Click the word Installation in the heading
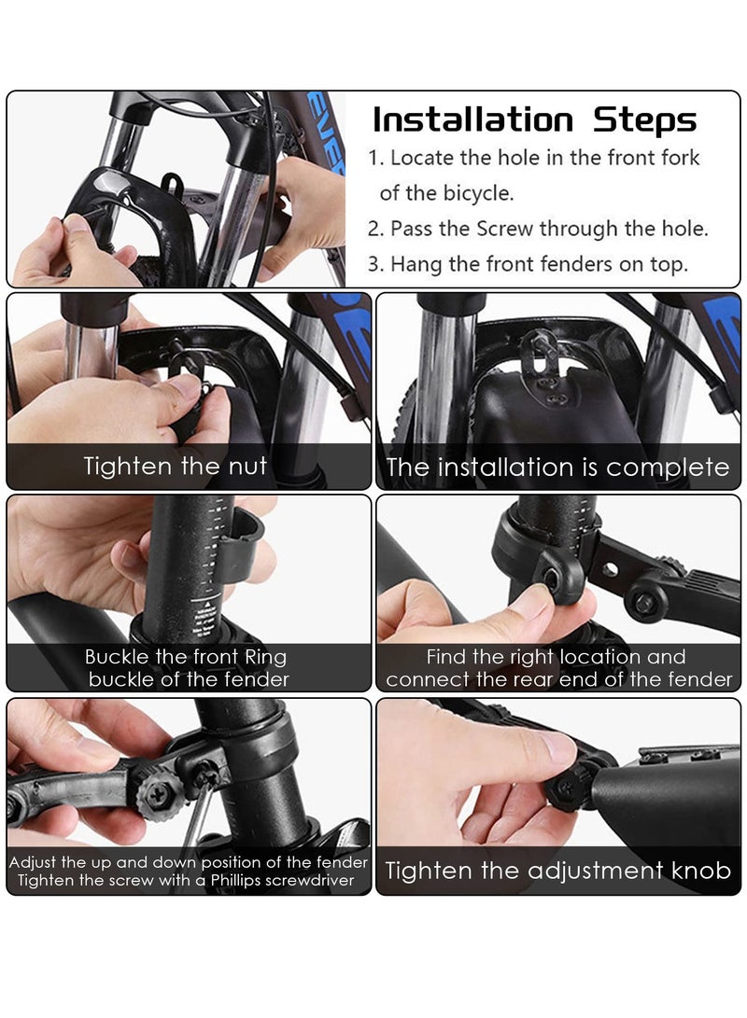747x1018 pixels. coord(472,120)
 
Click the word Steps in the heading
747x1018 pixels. coord(644,120)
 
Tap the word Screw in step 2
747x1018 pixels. coord(505,229)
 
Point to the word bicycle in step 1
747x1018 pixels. coord(478,193)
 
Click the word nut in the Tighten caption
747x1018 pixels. coord(247,467)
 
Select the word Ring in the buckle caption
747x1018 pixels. coord(265,657)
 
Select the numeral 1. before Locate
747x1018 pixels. coord(375,158)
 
